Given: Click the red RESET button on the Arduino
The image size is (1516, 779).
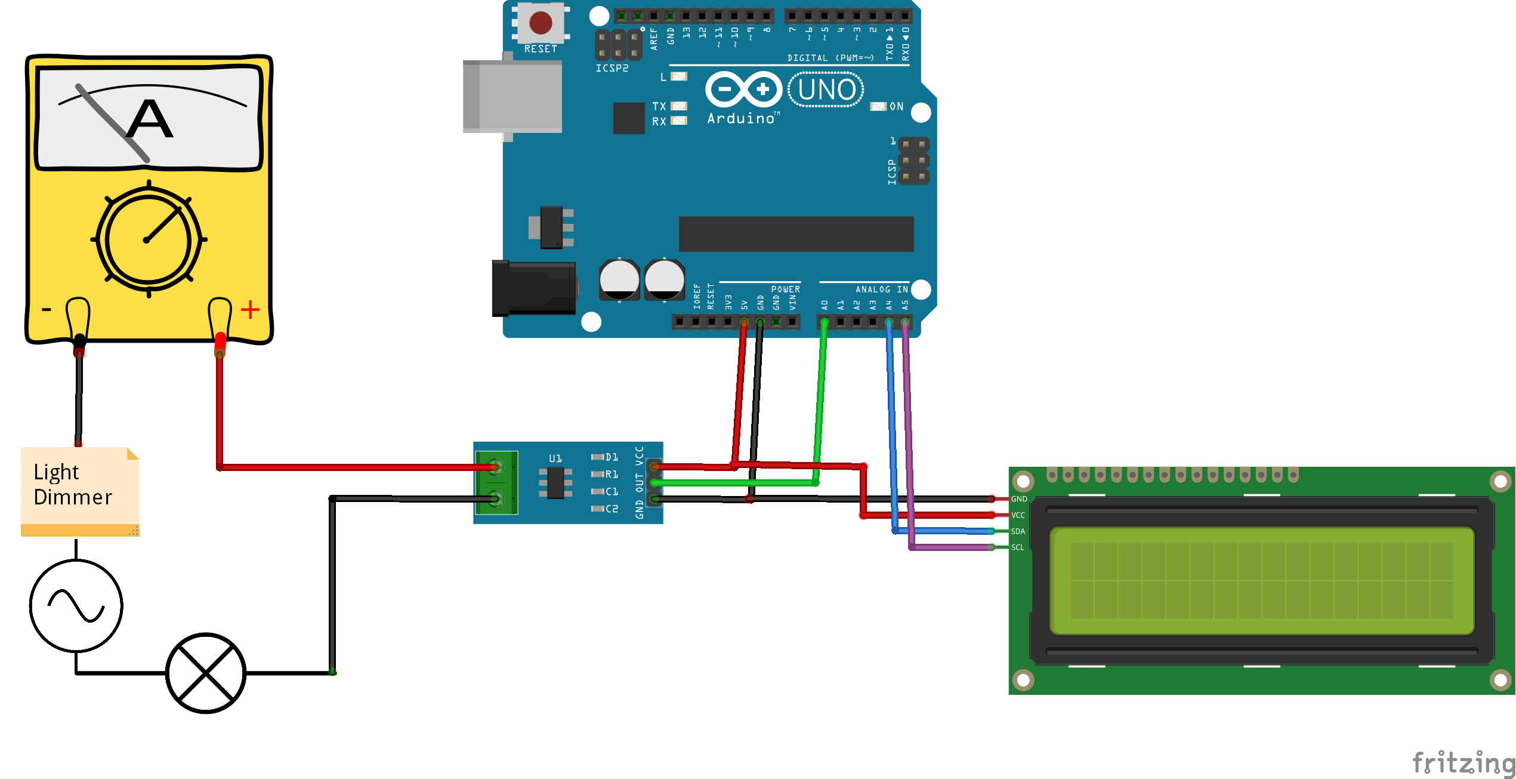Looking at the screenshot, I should coord(541,23).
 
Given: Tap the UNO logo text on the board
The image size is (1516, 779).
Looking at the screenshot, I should coord(826,90).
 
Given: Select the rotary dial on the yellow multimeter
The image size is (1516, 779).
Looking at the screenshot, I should coord(148,239).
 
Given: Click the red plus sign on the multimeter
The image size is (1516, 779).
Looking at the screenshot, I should coord(250,309).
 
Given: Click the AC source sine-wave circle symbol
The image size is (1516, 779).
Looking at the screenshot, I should coord(76,605).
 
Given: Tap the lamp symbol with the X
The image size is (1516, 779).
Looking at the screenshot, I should coord(206,673).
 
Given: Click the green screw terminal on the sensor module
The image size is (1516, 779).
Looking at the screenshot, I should coord(496,482).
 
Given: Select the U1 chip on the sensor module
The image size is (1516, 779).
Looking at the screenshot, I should coord(555,482).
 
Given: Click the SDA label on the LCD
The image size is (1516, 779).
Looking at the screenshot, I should coord(1018,531).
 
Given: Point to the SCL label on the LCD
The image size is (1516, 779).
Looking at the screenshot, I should coord(1017,547).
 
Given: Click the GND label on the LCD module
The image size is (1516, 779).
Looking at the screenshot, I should coord(1019,499).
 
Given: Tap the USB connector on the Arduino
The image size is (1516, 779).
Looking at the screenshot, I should coord(512,96).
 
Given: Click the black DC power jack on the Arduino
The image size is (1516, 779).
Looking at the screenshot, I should coord(533,288).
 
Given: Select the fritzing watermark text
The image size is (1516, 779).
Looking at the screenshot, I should coord(1463,762).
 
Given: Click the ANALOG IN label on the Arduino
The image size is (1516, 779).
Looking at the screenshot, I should coord(881,290).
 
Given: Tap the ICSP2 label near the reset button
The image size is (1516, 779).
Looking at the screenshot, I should coord(612,68).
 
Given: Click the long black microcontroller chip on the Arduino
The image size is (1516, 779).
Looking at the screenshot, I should coord(796,233).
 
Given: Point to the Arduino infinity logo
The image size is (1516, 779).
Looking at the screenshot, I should coord(743,90).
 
